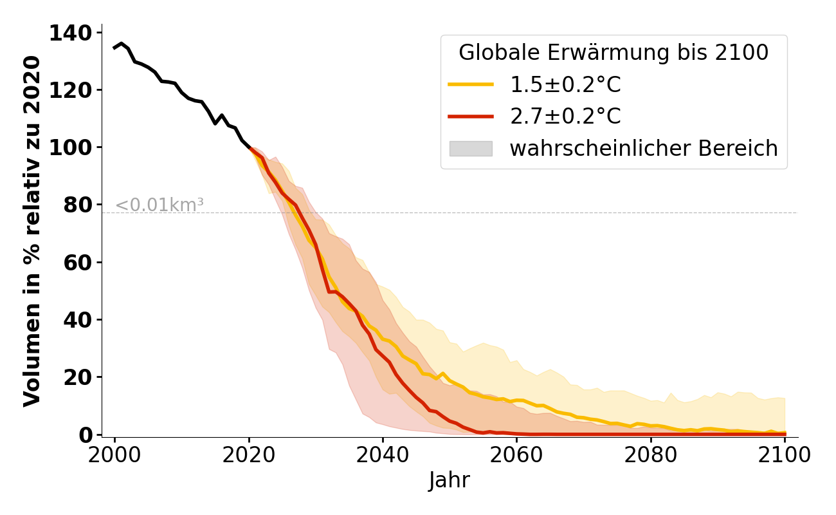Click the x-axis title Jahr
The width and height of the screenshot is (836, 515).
(450, 480)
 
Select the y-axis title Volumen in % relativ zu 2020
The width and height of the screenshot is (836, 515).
(32, 231)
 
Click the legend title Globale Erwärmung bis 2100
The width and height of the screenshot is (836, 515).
(613, 53)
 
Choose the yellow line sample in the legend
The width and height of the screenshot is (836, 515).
(471, 84)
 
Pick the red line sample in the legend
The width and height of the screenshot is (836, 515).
(471, 117)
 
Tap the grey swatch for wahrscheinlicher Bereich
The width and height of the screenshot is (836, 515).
(471, 149)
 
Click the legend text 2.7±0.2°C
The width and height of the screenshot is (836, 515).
(565, 117)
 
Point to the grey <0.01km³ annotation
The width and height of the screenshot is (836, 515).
(159, 205)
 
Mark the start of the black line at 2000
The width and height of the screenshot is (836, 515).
(115, 48)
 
